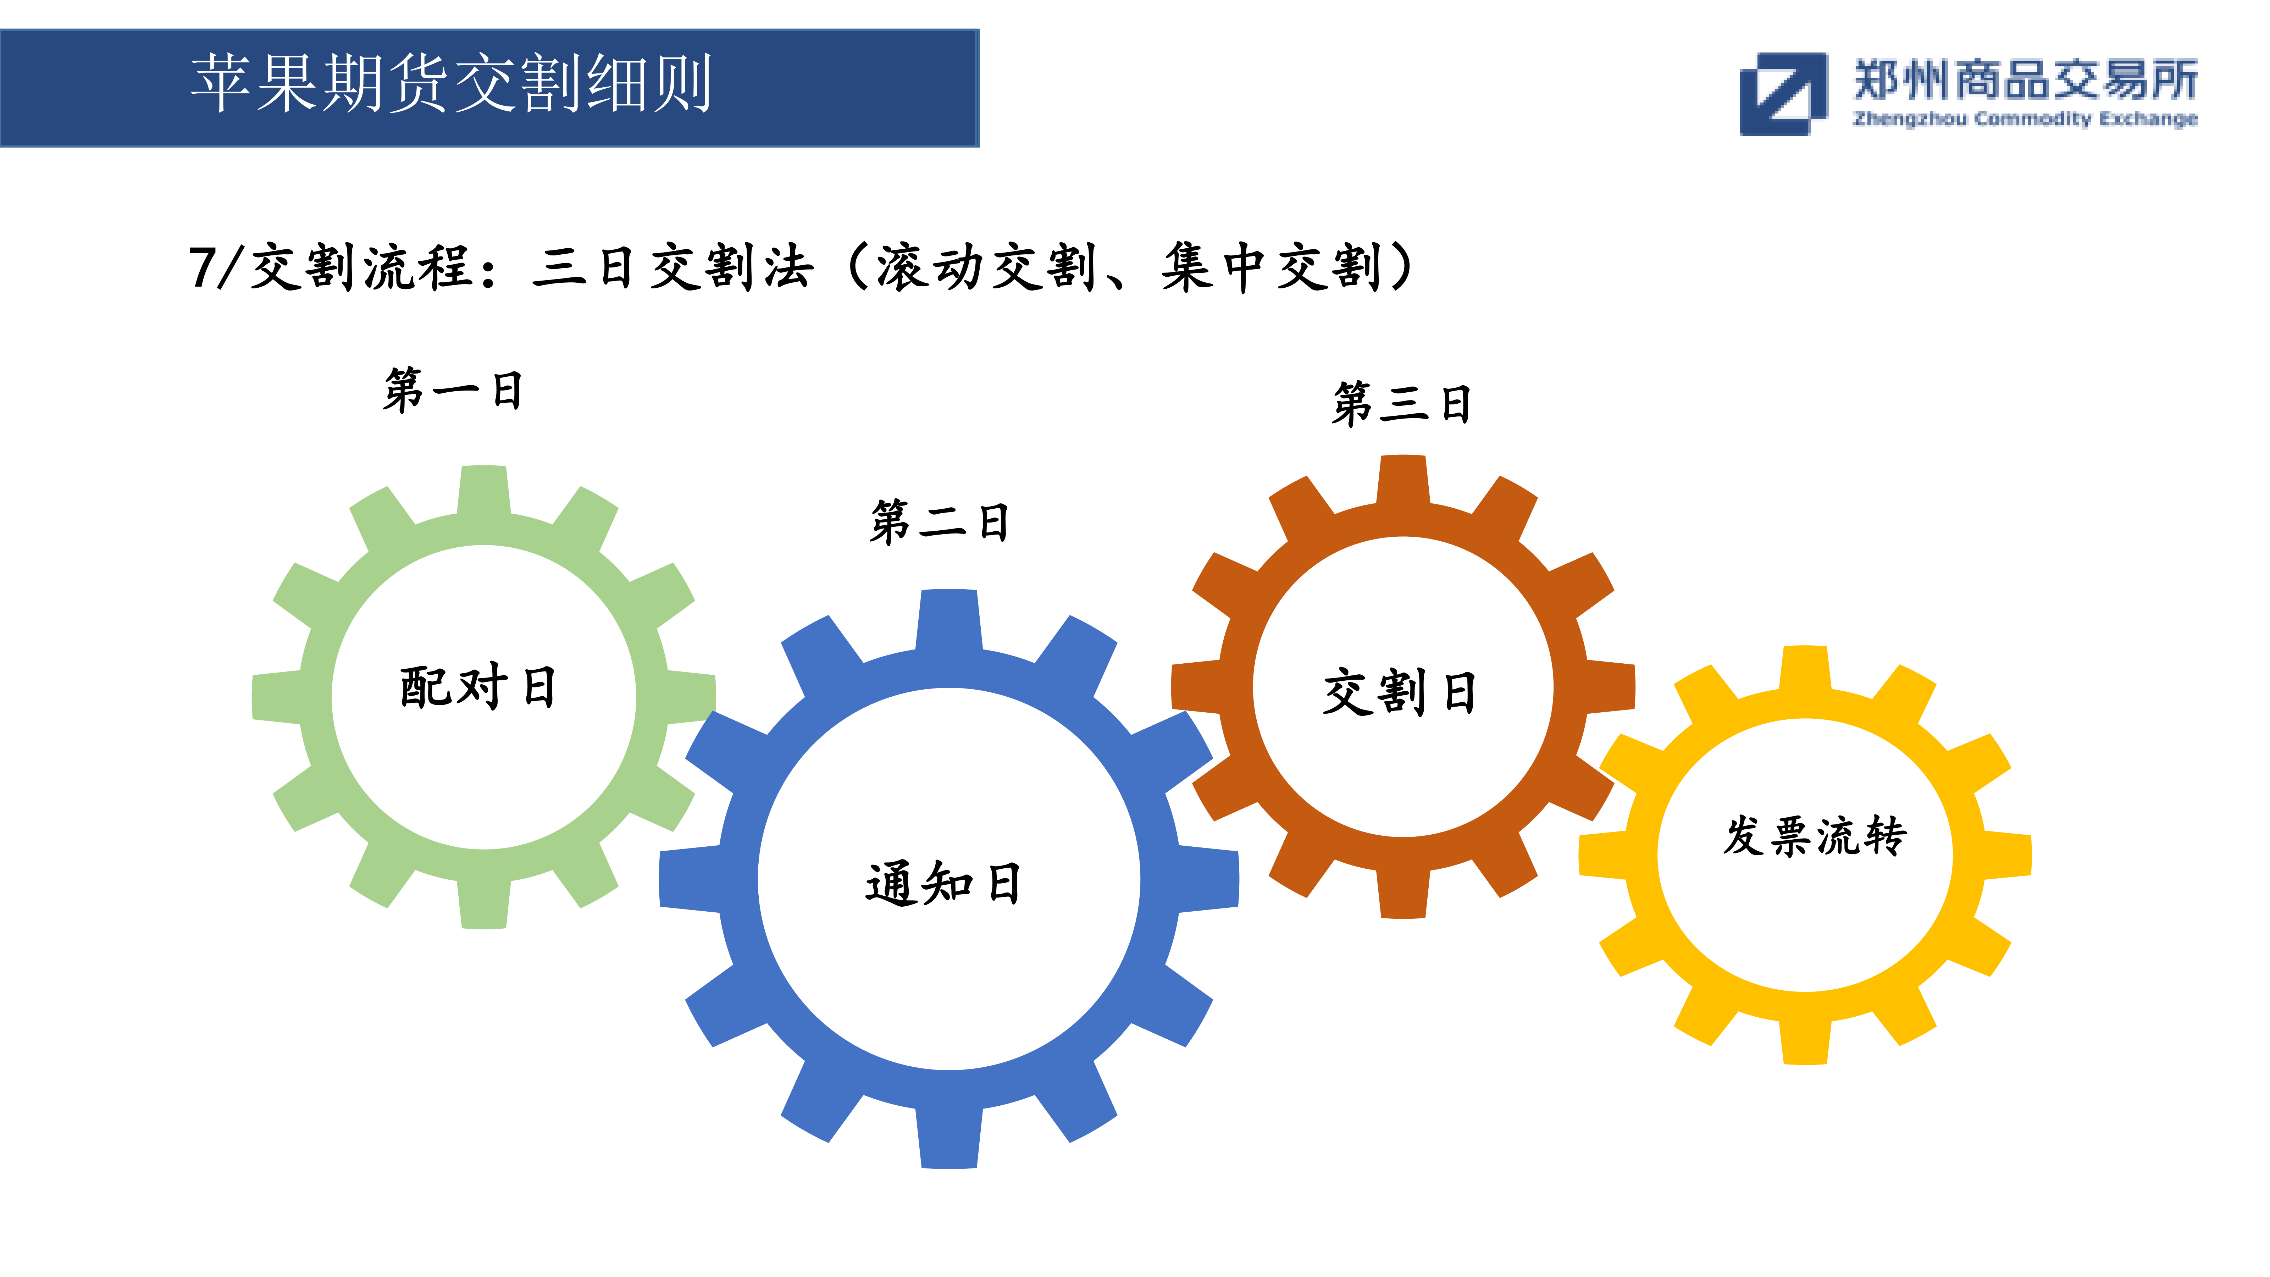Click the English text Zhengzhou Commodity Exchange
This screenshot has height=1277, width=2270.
click(x=2025, y=119)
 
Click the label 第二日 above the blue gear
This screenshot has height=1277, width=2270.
click(x=939, y=522)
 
